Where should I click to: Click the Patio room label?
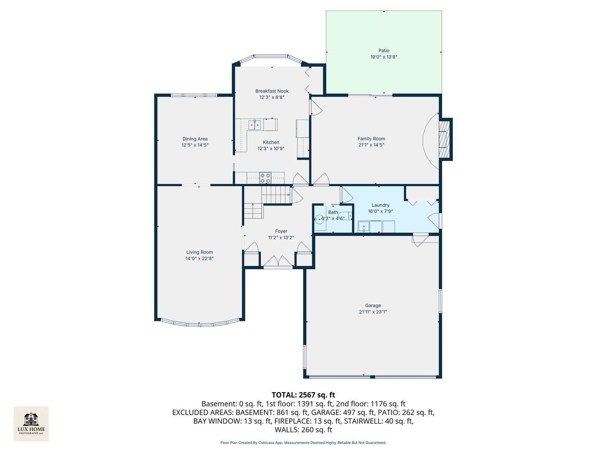click(384, 51)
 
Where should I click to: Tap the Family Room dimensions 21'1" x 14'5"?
click(371, 145)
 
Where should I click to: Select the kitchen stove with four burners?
click(265, 178)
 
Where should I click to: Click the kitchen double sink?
click(255, 125)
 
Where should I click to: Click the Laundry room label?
click(380, 205)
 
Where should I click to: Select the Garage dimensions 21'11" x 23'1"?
click(373, 312)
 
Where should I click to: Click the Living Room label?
click(199, 252)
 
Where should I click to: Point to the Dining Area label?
click(195, 139)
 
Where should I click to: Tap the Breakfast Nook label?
click(272, 91)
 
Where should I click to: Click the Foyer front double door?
click(278, 262)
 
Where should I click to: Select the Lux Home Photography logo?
click(31, 423)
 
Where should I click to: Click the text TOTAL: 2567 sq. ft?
click(303, 395)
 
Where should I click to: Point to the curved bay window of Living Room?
click(200, 324)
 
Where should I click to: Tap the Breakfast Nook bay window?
click(271, 56)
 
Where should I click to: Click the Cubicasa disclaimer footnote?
click(303, 443)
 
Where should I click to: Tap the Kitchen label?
click(271, 142)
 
